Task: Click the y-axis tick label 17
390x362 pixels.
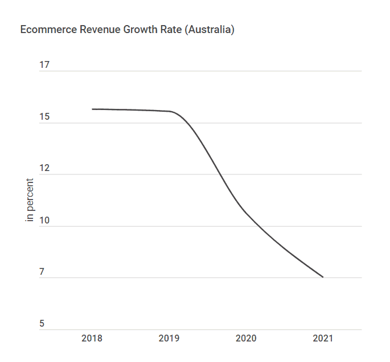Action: [x=44, y=65]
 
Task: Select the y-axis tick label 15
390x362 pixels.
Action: [x=44, y=117]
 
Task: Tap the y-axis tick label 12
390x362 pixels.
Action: [x=44, y=169]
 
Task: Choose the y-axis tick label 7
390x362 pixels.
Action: [x=42, y=272]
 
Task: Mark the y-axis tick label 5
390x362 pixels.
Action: [x=42, y=324]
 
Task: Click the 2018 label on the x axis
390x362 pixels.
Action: [x=92, y=339]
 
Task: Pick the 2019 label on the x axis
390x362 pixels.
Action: [x=169, y=339]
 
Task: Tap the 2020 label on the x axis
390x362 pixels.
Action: [x=246, y=339]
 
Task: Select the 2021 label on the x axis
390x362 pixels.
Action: [x=323, y=339]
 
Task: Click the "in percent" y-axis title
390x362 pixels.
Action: [x=30, y=200]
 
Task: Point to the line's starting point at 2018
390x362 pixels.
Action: [x=92, y=109]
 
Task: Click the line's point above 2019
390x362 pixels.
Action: [x=169, y=111]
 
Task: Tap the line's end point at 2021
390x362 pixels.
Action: [x=323, y=277]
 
